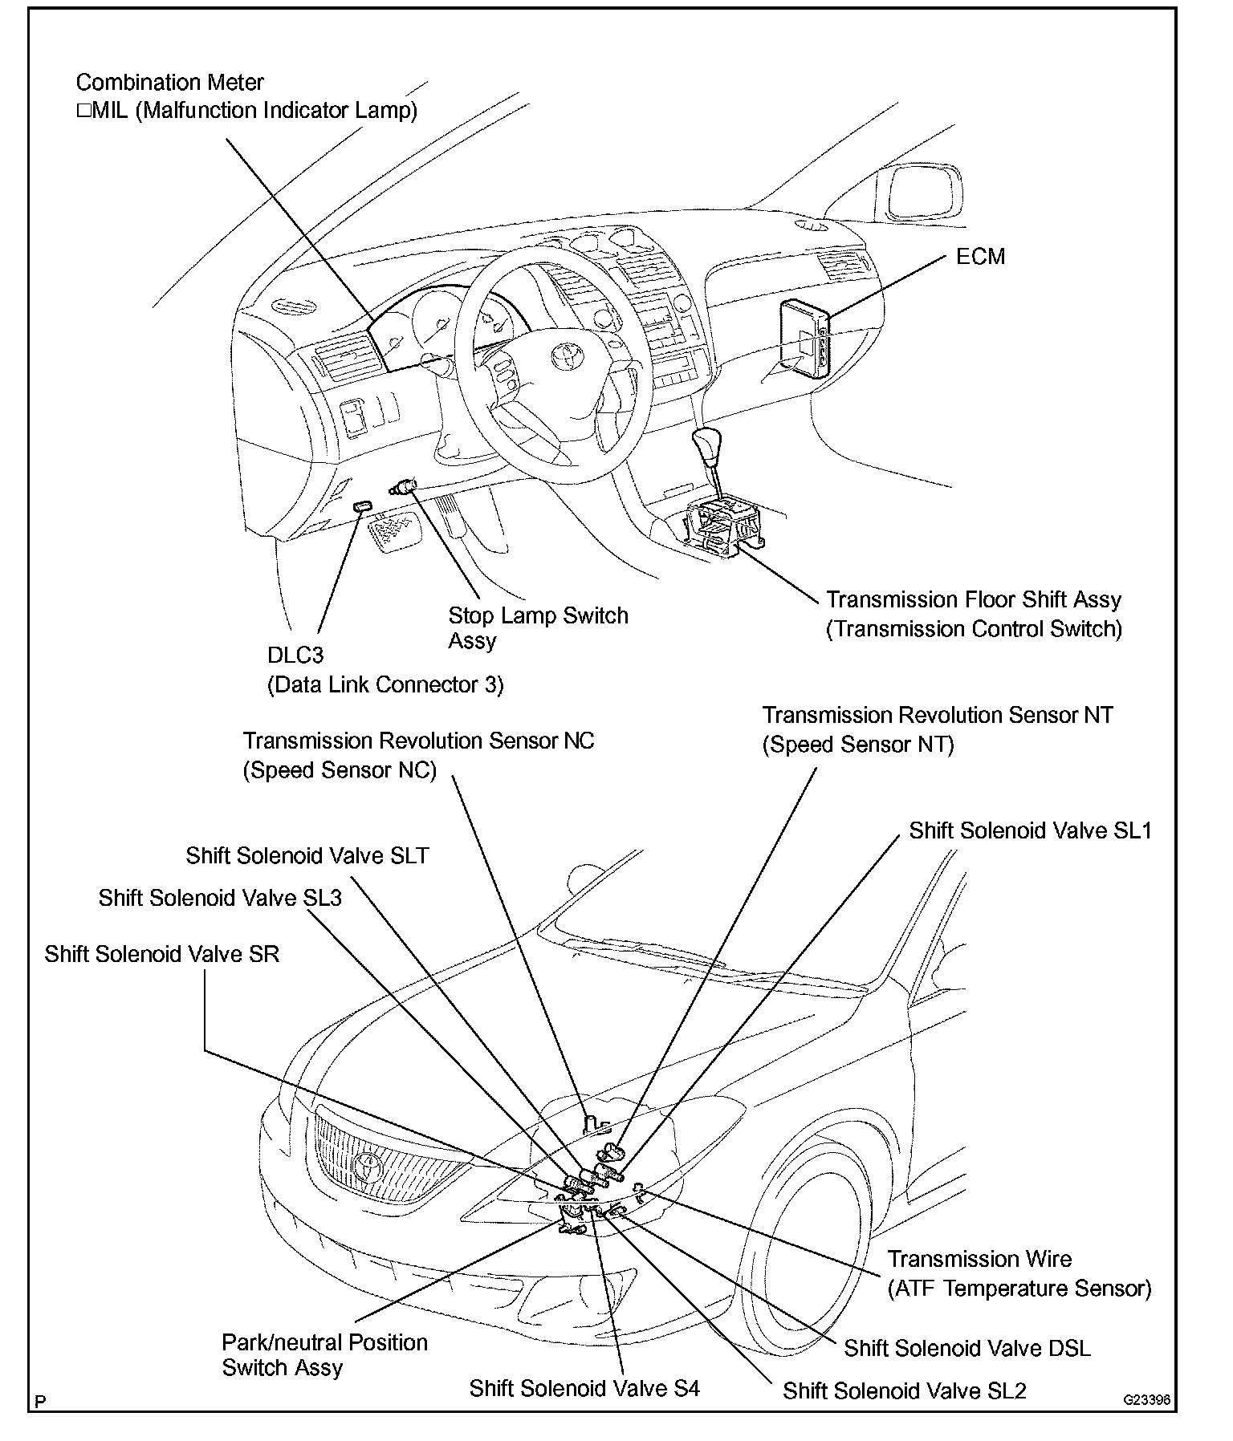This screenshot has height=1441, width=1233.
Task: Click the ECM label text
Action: [980, 257]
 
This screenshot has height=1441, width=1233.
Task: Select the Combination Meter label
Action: [170, 83]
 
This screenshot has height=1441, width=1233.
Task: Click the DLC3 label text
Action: [295, 656]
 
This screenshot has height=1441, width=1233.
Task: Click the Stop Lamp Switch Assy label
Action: [538, 627]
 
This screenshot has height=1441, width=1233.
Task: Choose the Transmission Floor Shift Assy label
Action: [974, 614]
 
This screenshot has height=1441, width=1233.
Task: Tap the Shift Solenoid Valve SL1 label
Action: [1030, 830]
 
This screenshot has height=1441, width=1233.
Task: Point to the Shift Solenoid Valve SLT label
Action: [307, 855]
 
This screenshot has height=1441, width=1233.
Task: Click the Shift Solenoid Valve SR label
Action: [162, 954]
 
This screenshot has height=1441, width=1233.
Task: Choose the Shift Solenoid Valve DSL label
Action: [967, 1348]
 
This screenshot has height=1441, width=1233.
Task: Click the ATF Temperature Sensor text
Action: [1019, 1289]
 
